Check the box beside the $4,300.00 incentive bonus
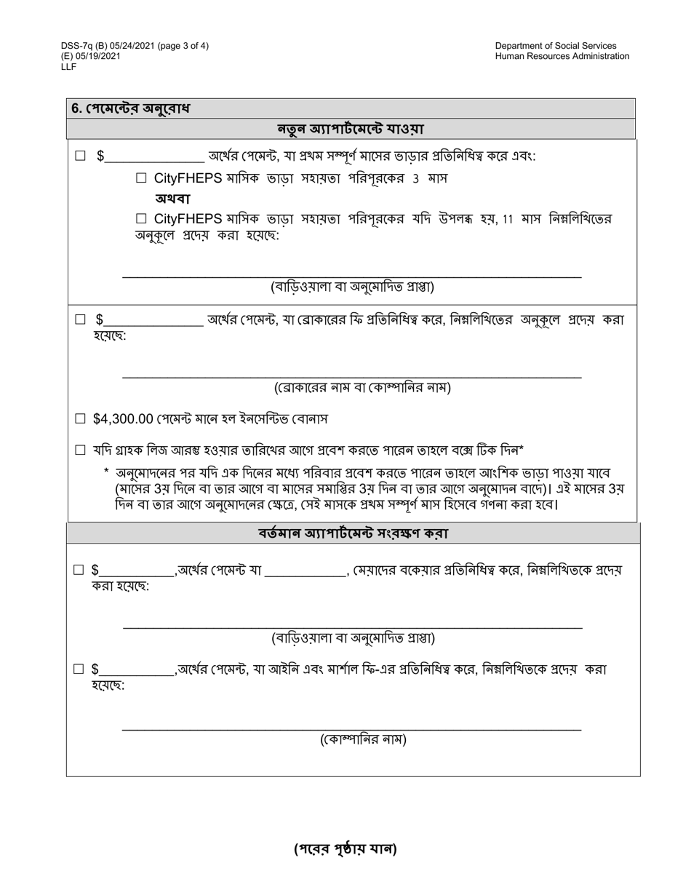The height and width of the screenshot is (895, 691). tap(81, 419)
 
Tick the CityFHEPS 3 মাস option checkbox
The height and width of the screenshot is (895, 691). tap(142, 178)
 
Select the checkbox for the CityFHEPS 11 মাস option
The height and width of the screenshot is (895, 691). tap(142, 218)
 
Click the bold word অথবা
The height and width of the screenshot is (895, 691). tap(172, 199)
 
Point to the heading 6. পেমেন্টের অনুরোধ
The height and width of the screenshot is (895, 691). tap(130, 108)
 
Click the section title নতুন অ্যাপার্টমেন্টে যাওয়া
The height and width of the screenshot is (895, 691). tap(351, 130)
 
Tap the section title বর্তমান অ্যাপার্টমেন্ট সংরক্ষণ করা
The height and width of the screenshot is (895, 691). tap(353, 533)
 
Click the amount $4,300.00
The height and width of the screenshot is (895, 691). tap(123, 419)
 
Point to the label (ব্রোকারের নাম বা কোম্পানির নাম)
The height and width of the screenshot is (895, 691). tap(362, 388)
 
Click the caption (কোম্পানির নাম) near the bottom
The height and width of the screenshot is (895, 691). tap(363, 740)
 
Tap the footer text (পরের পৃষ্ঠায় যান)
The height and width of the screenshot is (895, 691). tap(345, 848)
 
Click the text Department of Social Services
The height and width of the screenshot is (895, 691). tap(555, 46)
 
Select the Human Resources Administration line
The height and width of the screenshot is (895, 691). tap(562, 56)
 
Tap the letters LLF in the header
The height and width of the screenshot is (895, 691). tap(69, 66)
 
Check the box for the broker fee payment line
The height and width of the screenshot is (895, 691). tap(81, 319)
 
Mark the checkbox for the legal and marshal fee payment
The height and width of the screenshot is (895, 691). tap(79, 669)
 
